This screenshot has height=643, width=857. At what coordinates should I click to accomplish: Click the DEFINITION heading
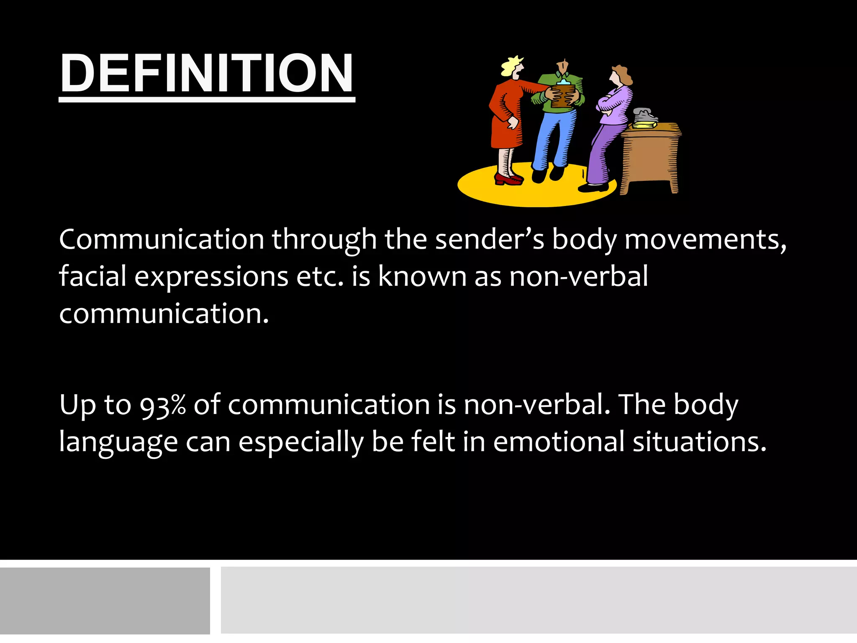[x=207, y=74]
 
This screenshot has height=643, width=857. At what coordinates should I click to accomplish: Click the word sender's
[x=490, y=239]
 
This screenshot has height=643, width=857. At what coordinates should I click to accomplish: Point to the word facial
[x=92, y=276]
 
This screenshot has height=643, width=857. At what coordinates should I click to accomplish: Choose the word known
[x=422, y=276]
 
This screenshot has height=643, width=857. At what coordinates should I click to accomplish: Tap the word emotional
[x=559, y=442]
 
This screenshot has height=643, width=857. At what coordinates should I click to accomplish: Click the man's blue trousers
[x=553, y=138]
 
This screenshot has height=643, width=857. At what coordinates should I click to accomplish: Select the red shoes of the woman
[x=508, y=179]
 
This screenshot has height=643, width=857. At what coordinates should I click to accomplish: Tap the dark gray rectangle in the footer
[x=105, y=600]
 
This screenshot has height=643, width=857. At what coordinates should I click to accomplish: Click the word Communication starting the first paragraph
[x=162, y=239]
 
